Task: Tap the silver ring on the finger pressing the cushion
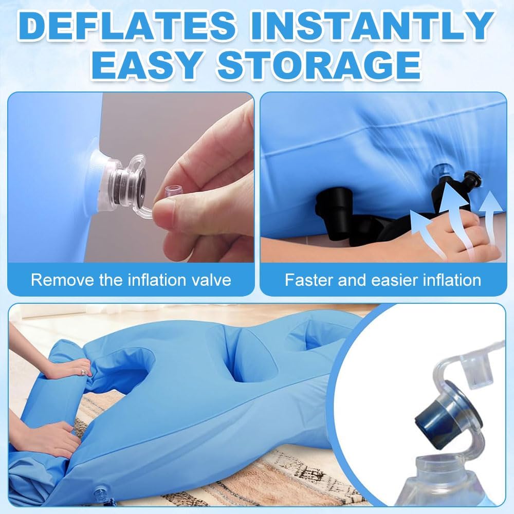point(84,372)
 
